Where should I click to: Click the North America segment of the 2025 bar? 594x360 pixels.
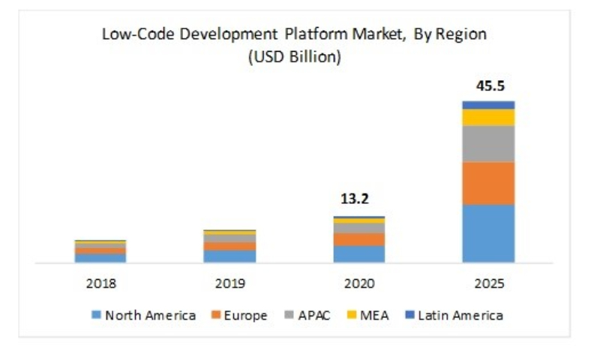click(488, 233)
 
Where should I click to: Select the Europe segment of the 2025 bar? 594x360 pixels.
click(488, 183)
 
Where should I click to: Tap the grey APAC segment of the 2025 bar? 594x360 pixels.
click(488, 143)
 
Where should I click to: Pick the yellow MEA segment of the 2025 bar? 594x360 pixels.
click(488, 117)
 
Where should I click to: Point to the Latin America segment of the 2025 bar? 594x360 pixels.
click(488, 105)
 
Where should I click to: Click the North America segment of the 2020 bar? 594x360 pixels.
click(359, 253)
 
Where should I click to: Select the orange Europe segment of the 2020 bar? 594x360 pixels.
click(359, 239)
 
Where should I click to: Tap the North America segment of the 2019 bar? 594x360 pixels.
click(229, 256)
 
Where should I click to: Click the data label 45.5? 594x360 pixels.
click(488, 86)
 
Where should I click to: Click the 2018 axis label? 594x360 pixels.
click(100, 284)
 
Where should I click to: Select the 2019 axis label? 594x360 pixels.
click(229, 284)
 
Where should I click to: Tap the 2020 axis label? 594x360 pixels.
click(359, 284)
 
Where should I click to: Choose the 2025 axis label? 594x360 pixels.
click(488, 284)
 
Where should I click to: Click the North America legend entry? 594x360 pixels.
click(144, 315)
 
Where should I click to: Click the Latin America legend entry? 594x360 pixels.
click(454, 315)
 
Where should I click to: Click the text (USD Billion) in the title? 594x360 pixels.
click(294, 57)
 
